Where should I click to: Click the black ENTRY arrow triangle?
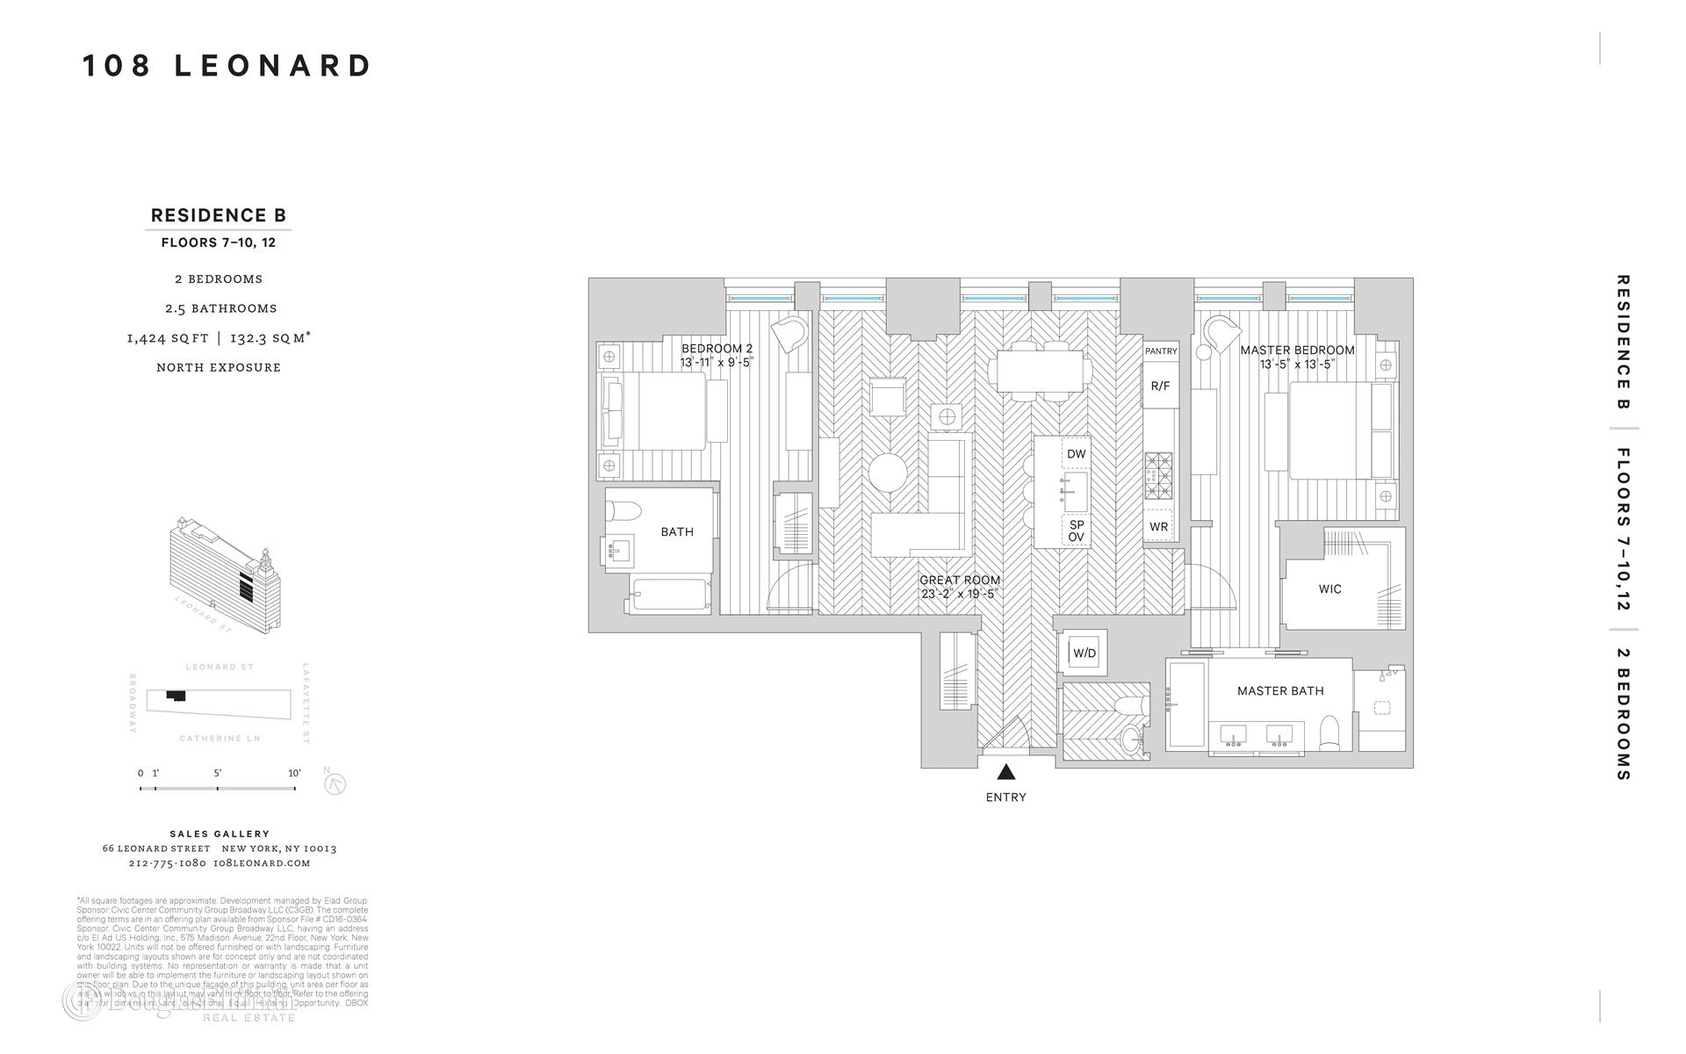click(x=1006, y=772)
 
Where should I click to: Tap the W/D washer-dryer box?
click(x=1084, y=653)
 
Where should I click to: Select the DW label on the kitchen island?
click(x=1076, y=454)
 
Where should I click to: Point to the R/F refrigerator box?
click(x=1160, y=386)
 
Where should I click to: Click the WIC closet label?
click(x=1329, y=589)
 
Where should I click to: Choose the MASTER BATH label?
click(x=1280, y=691)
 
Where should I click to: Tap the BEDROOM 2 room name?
click(x=717, y=349)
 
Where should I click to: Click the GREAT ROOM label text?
click(x=960, y=580)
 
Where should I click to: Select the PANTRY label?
click(x=1161, y=351)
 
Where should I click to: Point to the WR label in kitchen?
click(x=1158, y=527)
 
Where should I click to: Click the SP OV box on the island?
click(x=1076, y=531)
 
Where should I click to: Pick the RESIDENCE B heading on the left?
click(x=219, y=215)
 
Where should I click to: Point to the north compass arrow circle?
click(x=335, y=783)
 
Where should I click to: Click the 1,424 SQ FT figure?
click(x=168, y=338)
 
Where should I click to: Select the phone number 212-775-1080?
click(x=167, y=863)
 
